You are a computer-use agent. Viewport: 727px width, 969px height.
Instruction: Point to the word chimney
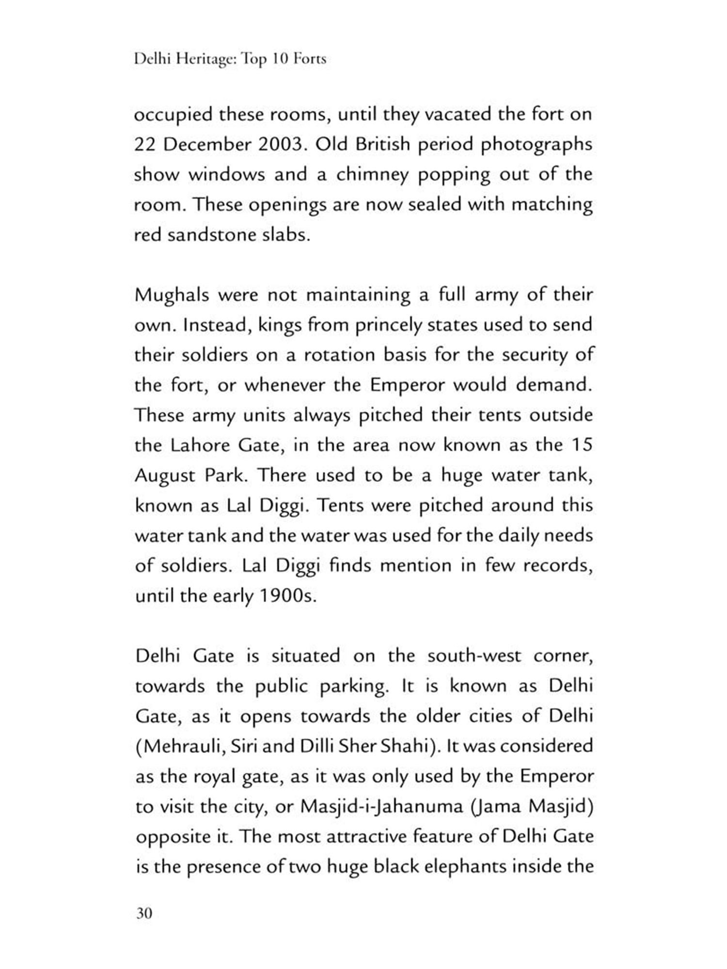(x=373, y=175)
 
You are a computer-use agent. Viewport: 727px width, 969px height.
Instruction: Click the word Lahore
(x=200, y=445)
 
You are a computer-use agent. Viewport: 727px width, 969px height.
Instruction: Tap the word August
(x=164, y=476)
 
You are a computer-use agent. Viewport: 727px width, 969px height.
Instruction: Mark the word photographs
(x=537, y=145)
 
